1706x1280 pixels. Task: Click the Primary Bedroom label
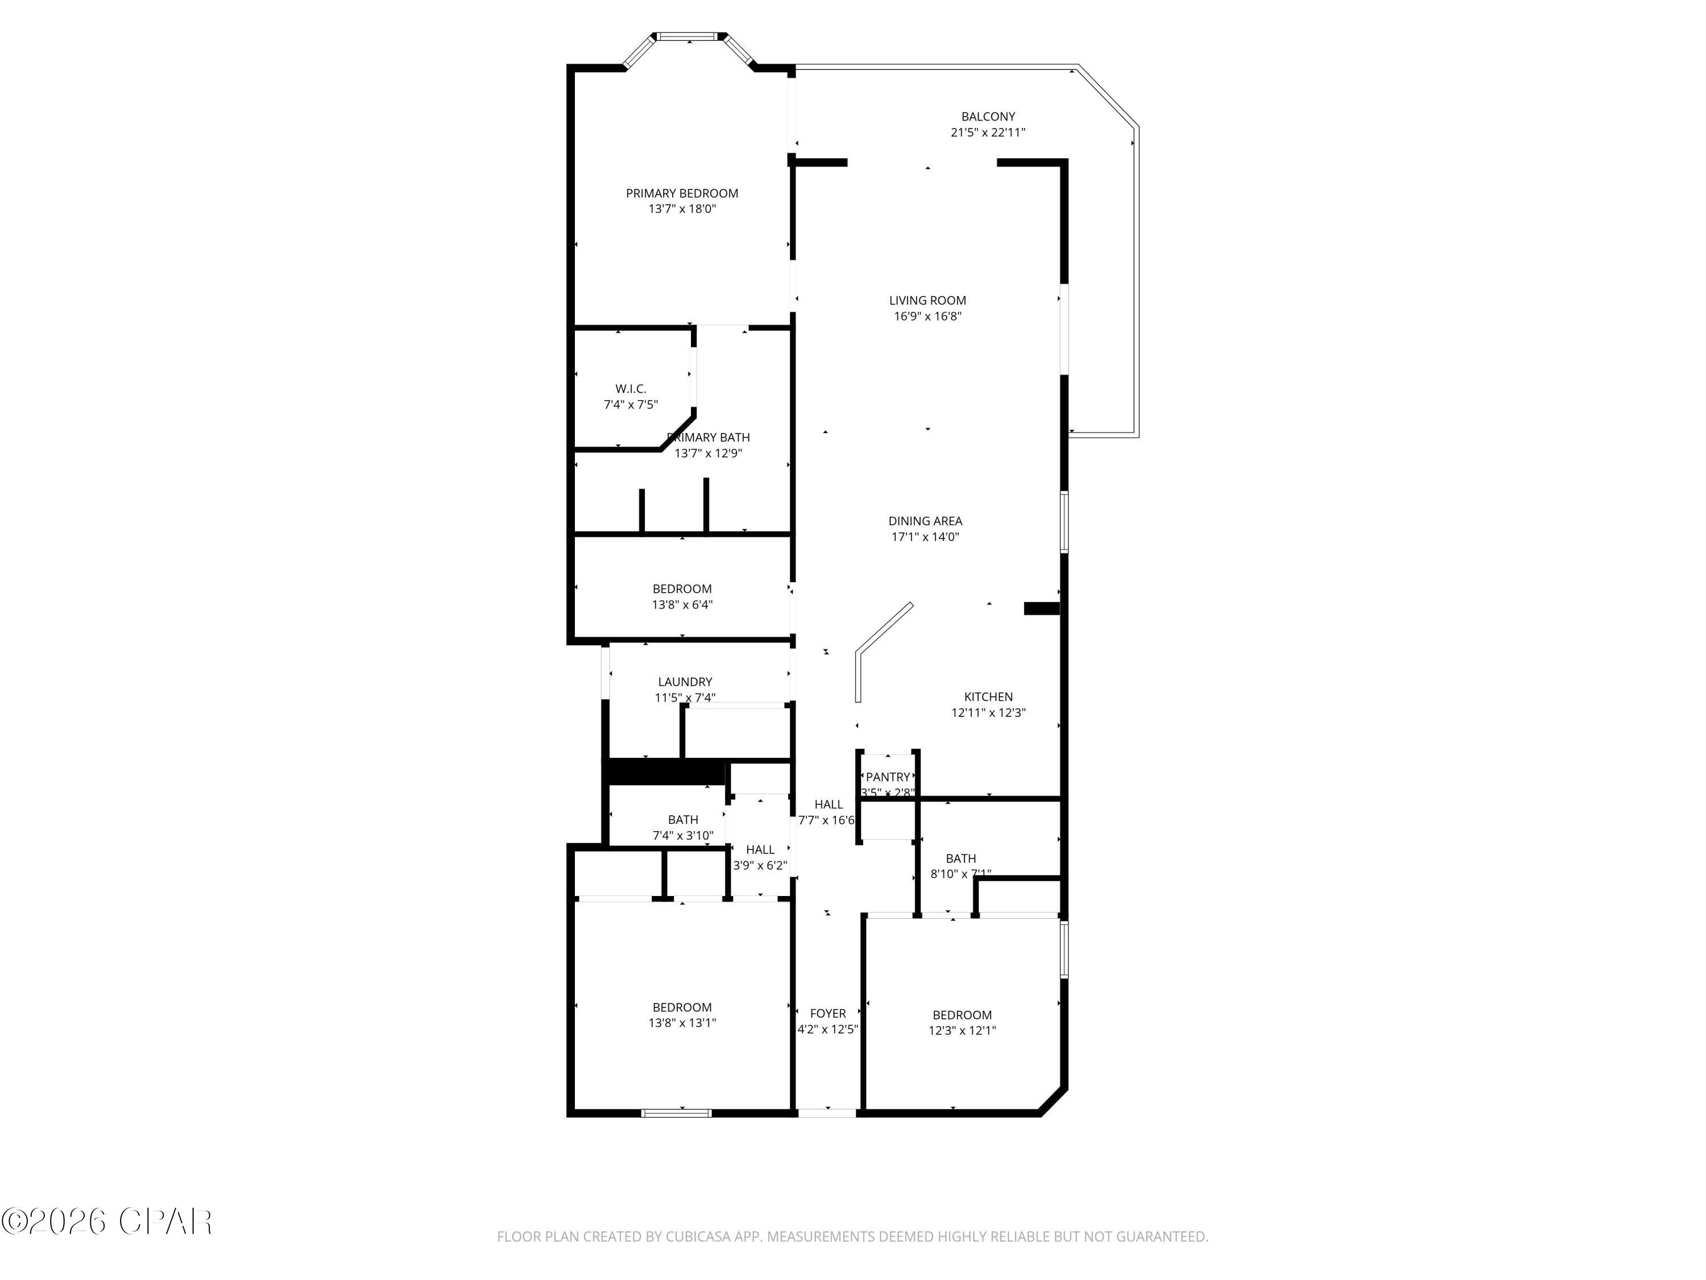coord(682,193)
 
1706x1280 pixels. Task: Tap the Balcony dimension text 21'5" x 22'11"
coord(987,133)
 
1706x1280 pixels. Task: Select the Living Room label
coord(927,300)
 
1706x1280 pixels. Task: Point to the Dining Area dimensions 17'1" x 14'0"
coord(925,537)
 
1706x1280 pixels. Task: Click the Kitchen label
coord(988,697)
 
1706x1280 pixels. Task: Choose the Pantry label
coord(888,777)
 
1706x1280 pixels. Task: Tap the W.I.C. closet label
coord(630,389)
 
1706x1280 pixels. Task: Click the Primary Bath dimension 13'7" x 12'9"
coord(708,453)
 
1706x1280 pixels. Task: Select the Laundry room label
coord(685,682)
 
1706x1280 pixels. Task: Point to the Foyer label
coord(827,1013)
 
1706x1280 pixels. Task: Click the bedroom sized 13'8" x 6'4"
coord(682,596)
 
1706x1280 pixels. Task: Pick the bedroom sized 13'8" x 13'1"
coord(682,1014)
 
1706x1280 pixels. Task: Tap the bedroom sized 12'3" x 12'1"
coord(962,1022)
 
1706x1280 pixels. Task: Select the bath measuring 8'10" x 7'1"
coord(960,866)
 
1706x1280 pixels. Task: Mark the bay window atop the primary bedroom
coord(689,37)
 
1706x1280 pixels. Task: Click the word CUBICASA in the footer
coord(702,1237)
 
